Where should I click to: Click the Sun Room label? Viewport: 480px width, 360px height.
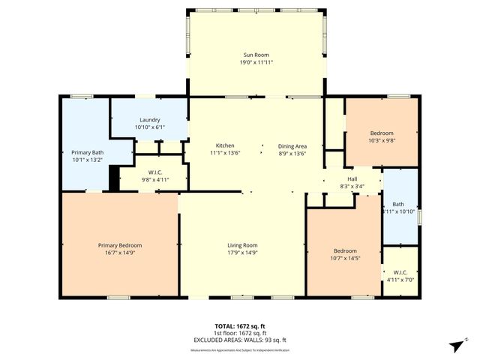tap(256, 55)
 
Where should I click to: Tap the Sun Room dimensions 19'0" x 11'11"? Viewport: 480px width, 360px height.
tap(256, 63)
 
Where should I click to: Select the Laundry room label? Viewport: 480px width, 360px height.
tap(150, 120)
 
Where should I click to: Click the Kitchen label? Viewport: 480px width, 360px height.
tap(226, 145)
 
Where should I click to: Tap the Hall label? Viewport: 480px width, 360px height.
tap(352, 178)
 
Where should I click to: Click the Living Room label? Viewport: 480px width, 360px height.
tap(242, 245)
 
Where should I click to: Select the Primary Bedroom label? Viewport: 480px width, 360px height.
tap(120, 245)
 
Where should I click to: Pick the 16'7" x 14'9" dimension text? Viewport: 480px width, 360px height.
tap(120, 253)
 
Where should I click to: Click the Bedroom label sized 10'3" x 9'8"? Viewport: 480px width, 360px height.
tap(382, 132)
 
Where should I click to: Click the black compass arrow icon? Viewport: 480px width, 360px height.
tap(454, 346)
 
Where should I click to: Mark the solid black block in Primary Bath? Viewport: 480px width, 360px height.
tap(114, 178)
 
